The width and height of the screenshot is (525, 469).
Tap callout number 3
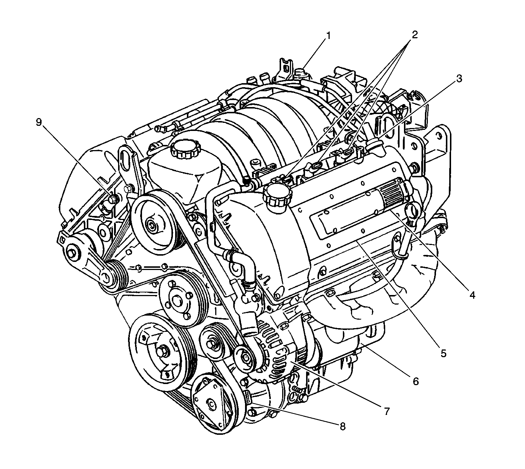[x=459, y=79]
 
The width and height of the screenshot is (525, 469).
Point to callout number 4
[x=472, y=295]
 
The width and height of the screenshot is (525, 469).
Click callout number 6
[x=415, y=381]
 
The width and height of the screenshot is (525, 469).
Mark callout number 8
[x=343, y=426]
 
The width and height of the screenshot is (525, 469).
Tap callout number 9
[x=39, y=122]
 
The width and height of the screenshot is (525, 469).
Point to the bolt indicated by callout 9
[x=113, y=199]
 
